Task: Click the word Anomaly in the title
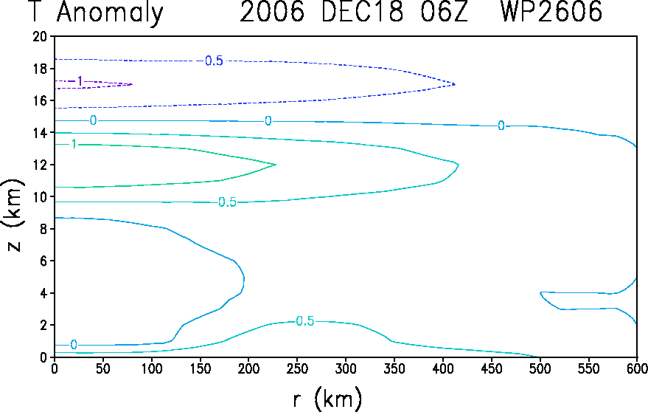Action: pyautogui.click(x=110, y=13)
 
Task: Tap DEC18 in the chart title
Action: pyautogui.click(x=362, y=11)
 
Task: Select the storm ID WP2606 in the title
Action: pyautogui.click(x=551, y=11)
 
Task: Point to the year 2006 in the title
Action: pyautogui.click(x=272, y=11)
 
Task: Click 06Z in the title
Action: pyautogui.click(x=445, y=11)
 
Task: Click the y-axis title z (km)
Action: pyautogui.click(x=14, y=215)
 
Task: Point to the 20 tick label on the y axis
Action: pyautogui.click(x=40, y=36)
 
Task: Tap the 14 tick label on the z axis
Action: pyautogui.click(x=40, y=132)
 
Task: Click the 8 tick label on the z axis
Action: pyautogui.click(x=43, y=229)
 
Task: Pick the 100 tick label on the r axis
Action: pyautogui.click(x=152, y=368)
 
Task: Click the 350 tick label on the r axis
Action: pyautogui.click(x=394, y=368)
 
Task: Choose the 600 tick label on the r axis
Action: pyautogui.click(x=637, y=368)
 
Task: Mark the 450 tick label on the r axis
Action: pyautogui.click(x=492, y=368)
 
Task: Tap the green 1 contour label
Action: pyautogui.click(x=74, y=145)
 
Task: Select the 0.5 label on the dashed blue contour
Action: pyautogui.click(x=214, y=61)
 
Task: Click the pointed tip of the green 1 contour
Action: pyautogui.click(x=276, y=165)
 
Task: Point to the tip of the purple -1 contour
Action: pyautogui.click(x=132, y=84)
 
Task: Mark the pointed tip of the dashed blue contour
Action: pyautogui.click(x=455, y=84)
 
